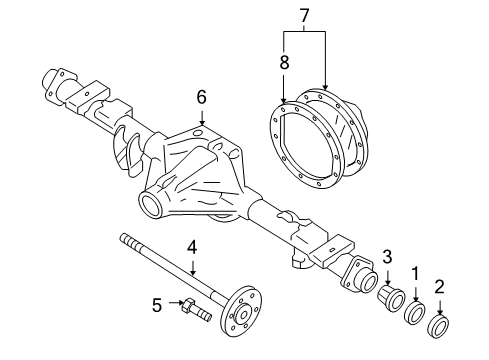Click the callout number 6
tap(201, 97)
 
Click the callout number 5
tap(156, 304)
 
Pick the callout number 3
tap(387, 257)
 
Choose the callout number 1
tap(413, 272)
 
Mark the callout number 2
tap(440, 289)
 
